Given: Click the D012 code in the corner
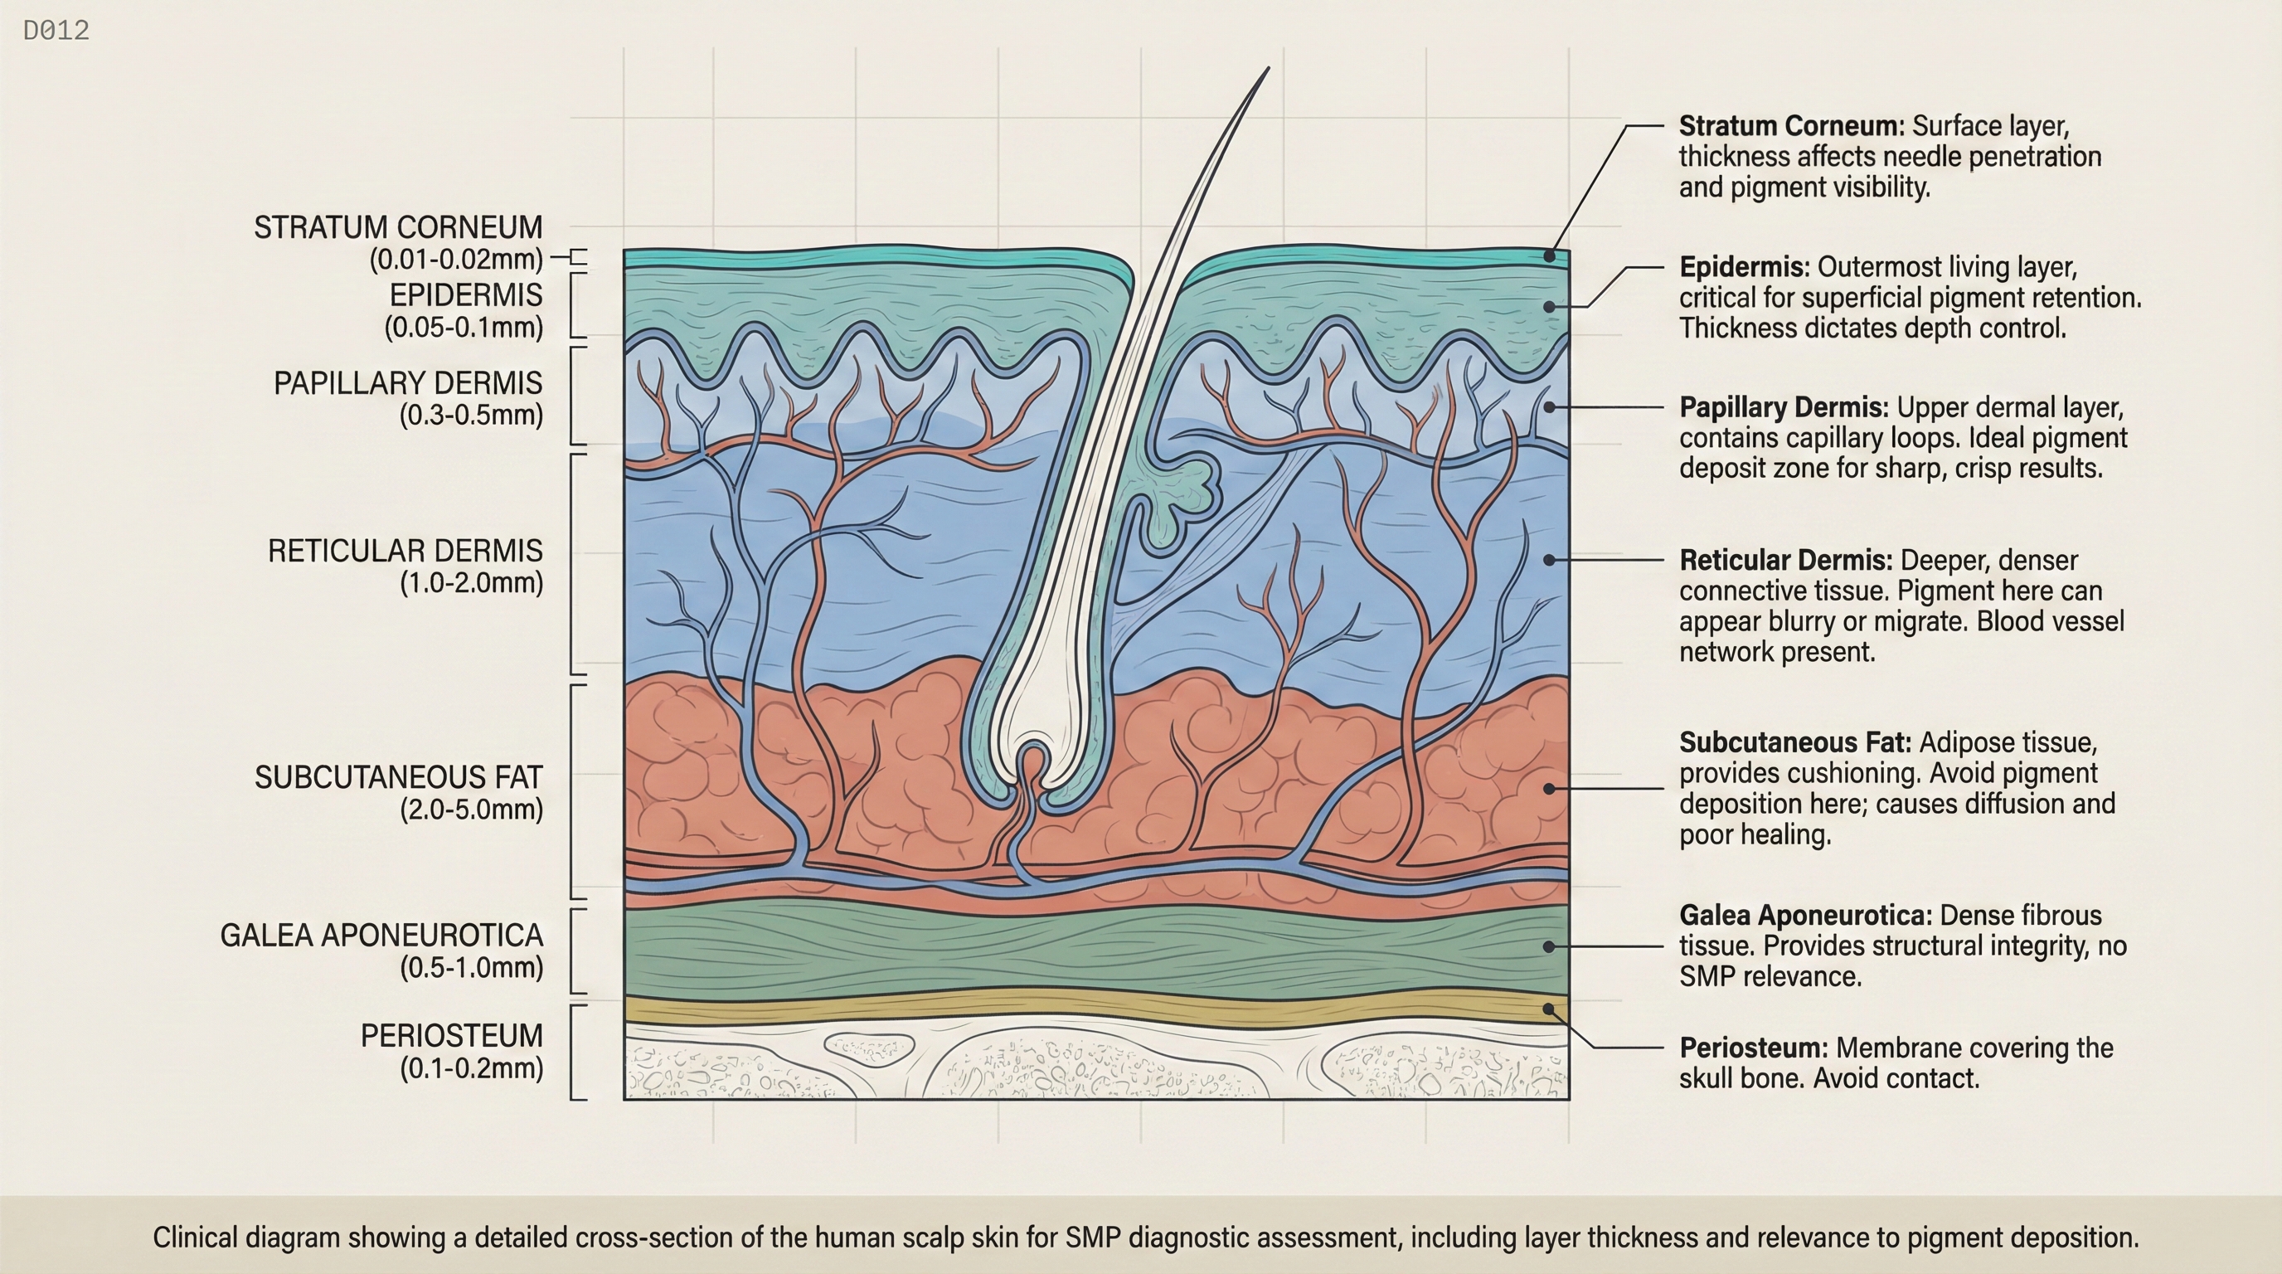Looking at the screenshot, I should click(x=56, y=31).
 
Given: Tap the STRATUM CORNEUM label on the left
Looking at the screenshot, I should click(x=398, y=228).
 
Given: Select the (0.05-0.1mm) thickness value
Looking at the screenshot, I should click(x=464, y=327).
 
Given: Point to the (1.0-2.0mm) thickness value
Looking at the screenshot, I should click(x=471, y=583).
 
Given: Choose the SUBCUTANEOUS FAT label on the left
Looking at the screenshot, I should click(x=398, y=777).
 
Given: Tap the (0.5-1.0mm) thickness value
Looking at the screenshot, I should click(x=471, y=967).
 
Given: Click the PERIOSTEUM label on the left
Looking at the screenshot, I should click(x=451, y=1035).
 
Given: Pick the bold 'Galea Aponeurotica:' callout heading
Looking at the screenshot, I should click(x=1805, y=914).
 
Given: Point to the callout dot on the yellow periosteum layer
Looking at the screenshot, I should click(x=1548, y=1009).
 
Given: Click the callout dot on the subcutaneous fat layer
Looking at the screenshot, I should click(x=1548, y=788).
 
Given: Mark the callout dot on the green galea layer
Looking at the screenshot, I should click(x=1548, y=946).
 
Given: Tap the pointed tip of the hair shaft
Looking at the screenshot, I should click(x=1268, y=69).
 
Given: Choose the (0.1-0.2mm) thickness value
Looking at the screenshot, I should click(x=471, y=1067).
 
